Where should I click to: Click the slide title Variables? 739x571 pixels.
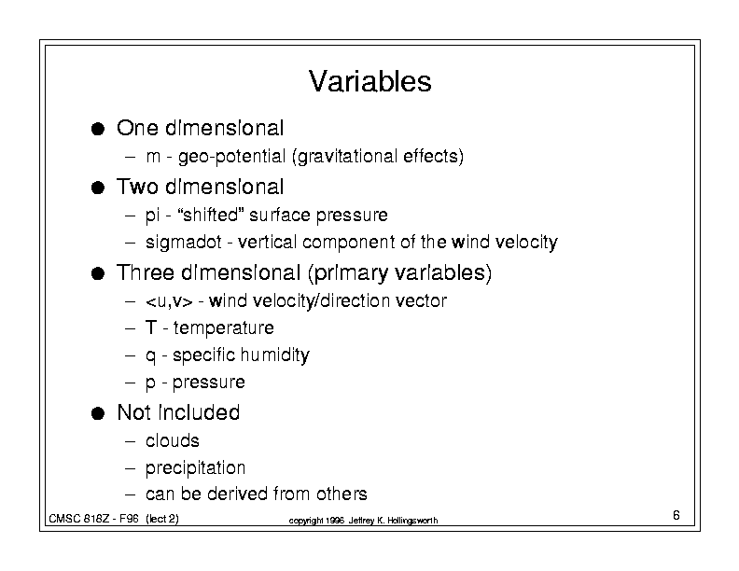[x=370, y=81]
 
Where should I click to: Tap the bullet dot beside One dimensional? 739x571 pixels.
[x=98, y=129]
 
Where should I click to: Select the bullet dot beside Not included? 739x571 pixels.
[x=98, y=413]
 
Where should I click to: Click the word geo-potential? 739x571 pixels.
[x=232, y=157]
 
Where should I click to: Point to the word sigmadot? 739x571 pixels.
[x=183, y=243]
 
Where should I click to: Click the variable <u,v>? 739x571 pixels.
[x=169, y=301]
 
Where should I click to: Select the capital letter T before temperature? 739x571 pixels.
[x=151, y=327]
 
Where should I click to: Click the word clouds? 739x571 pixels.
[x=172, y=441]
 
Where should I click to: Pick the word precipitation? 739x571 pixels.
[x=195, y=468]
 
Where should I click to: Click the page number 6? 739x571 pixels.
[x=676, y=515]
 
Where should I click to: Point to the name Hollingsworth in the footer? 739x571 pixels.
[x=412, y=521]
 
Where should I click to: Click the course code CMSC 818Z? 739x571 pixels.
[x=79, y=519]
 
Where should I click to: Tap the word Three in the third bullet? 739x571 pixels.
[x=146, y=272]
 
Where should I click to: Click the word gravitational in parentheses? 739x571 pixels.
[x=345, y=157]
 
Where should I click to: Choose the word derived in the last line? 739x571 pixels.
[x=238, y=494]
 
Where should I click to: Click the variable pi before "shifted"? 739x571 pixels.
[x=152, y=216]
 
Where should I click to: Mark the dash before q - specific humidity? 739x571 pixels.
[x=131, y=355]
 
